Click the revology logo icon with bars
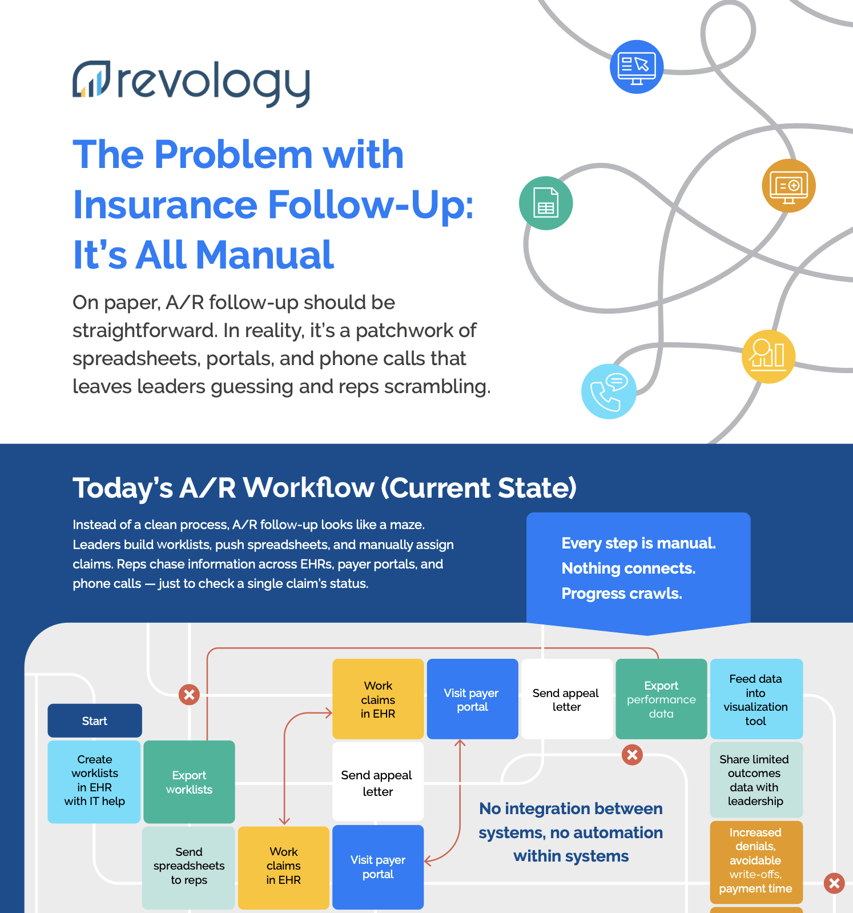[91, 78]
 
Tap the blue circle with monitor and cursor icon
[637, 67]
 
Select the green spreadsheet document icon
[546, 203]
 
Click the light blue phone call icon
[609, 391]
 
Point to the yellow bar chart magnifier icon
[768, 357]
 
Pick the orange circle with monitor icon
[789, 186]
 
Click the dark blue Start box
[95, 720]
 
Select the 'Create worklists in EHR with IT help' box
[94, 782]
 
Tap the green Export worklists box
[189, 782]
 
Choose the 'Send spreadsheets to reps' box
[188, 867]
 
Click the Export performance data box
[661, 699]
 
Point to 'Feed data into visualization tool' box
[756, 699]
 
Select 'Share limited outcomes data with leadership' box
[756, 780]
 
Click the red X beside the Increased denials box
[834, 883]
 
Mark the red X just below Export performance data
[632, 755]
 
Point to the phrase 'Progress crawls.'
[622, 594]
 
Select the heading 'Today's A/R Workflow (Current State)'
[324, 488]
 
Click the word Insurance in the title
[166, 205]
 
